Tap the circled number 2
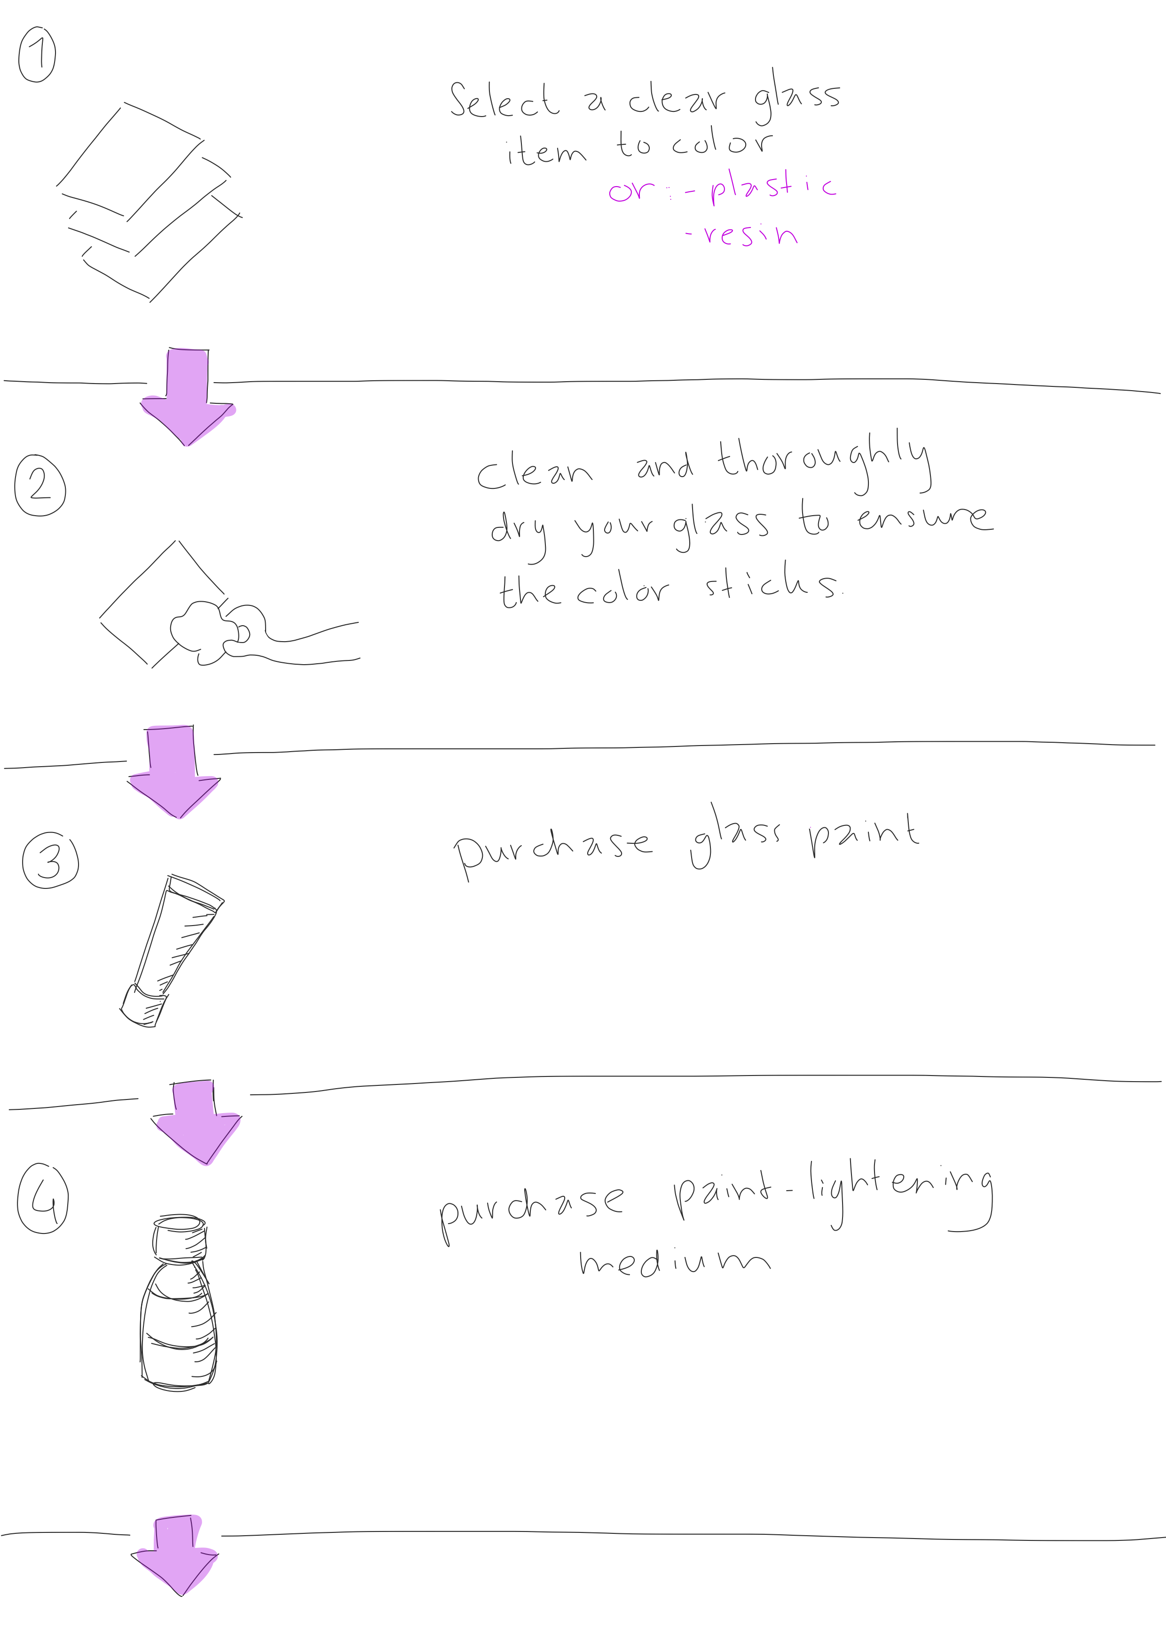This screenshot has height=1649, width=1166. point(40,486)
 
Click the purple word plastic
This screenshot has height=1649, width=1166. point(773,187)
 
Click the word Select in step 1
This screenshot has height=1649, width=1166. point(504,101)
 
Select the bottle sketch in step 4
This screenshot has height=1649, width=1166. point(177,1303)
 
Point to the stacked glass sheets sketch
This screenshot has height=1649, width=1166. point(147,201)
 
